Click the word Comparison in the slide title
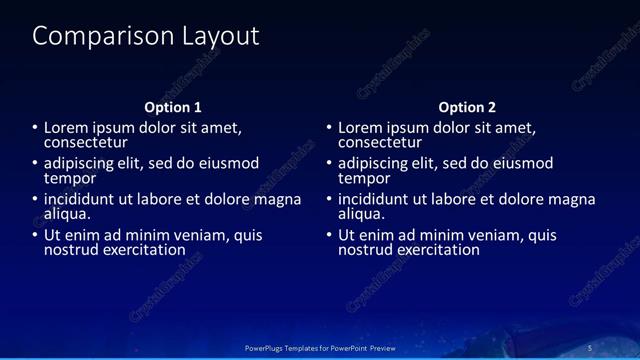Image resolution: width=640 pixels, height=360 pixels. point(92,37)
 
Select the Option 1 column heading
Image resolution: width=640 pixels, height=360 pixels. point(173,107)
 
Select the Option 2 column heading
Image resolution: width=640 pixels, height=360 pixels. point(467,107)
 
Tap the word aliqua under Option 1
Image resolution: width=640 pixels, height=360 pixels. point(67,214)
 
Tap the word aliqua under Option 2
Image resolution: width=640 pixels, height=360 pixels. point(361,214)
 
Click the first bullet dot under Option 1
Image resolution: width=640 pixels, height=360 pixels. point(34,128)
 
